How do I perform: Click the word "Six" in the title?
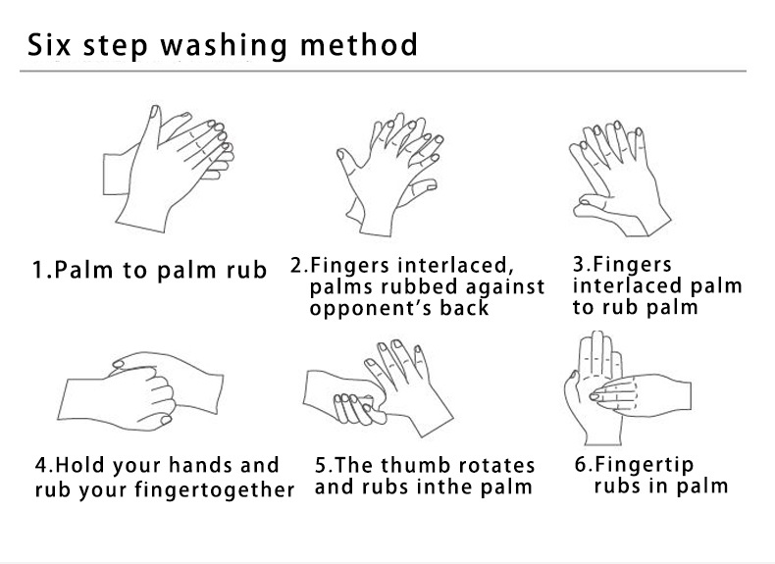[x=49, y=44]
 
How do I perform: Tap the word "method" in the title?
[x=359, y=44]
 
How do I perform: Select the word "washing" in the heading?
[x=224, y=46]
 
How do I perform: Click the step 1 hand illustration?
[x=169, y=168]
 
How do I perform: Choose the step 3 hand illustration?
[x=620, y=178]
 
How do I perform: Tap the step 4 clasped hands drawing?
[x=141, y=390]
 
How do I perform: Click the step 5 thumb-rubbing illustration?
[x=378, y=388]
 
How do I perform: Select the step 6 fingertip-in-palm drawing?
[x=627, y=388]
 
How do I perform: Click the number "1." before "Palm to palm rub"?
[x=42, y=270]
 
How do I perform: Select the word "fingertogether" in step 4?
[x=215, y=489]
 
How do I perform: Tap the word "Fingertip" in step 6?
[x=644, y=465]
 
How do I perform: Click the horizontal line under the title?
[x=383, y=72]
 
